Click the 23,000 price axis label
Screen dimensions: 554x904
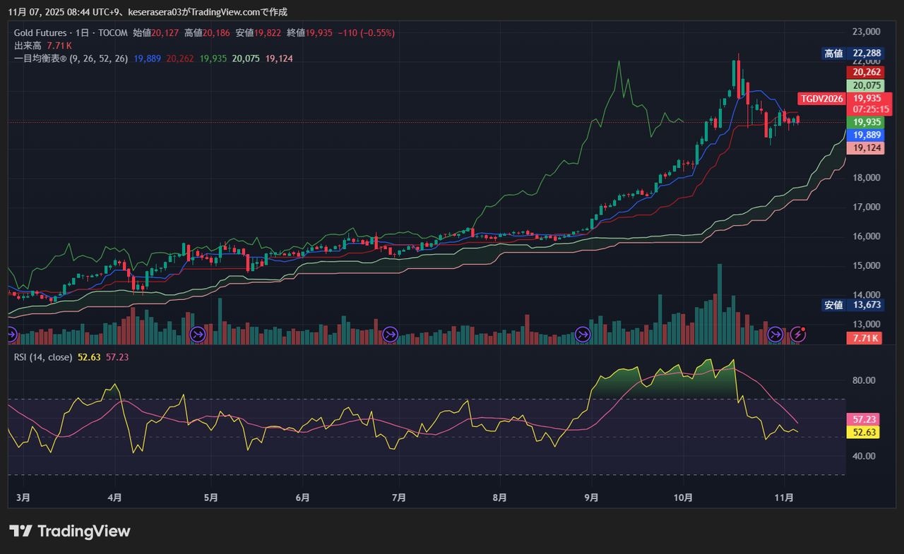coord(866,32)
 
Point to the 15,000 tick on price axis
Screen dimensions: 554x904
coord(866,266)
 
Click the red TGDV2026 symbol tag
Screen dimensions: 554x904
coord(821,99)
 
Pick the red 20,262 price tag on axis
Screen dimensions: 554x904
coord(865,72)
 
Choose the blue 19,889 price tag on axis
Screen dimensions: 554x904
coord(865,135)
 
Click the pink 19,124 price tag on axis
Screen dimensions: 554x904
coord(865,148)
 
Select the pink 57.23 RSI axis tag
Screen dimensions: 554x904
coord(864,419)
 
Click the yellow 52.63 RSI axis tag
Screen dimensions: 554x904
coord(864,433)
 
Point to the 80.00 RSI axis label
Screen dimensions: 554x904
coord(864,380)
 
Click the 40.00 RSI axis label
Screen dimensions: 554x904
coord(864,456)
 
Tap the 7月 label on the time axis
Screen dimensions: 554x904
coord(398,498)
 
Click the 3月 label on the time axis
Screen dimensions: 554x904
coord(23,498)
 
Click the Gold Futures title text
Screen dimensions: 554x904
coord(40,32)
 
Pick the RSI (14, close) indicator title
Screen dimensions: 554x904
coord(43,357)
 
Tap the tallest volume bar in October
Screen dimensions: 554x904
coord(720,303)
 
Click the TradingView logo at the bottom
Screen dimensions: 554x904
coord(70,531)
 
